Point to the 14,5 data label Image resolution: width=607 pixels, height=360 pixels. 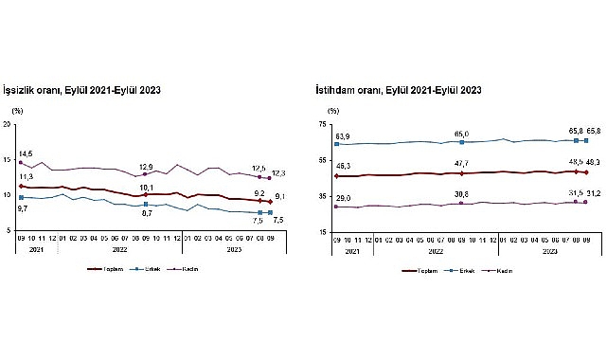click(26, 153)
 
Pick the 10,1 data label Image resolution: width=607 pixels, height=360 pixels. click(145, 188)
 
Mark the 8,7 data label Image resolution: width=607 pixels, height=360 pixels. click(145, 214)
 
